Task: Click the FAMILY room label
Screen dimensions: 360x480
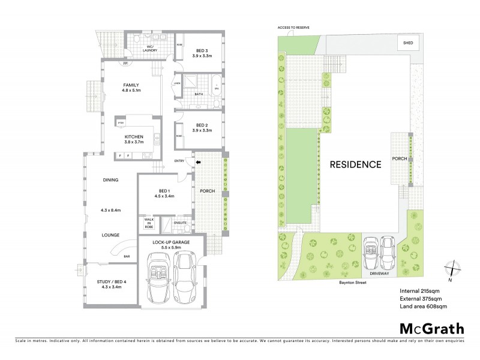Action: pyautogui.click(x=131, y=85)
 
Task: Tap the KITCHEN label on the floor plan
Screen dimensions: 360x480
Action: pyautogui.click(x=134, y=137)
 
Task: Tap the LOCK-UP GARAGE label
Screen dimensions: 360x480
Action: pyautogui.click(x=171, y=241)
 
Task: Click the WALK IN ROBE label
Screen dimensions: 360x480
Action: pyautogui.click(x=149, y=224)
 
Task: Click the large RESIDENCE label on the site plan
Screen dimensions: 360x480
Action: pyautogui.click(x=355, y=164)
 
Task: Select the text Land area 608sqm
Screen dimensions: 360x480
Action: pyautogui.click(x=423, y=306)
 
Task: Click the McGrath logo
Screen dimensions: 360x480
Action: pyautogui.click(x=431, y=328)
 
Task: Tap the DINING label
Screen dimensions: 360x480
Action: pyautogui.click(x=110, y=179)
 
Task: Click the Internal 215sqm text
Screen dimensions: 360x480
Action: pyautogui.click(x=419, y=291)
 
